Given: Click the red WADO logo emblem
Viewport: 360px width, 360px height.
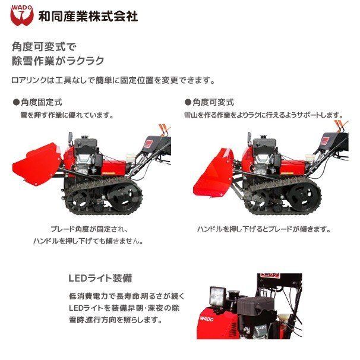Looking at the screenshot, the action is click(x=22, y=15).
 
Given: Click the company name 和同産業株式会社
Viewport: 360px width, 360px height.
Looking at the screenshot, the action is click(x=88, y=16).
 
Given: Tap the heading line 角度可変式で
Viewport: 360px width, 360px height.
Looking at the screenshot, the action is click(x=44, y=47).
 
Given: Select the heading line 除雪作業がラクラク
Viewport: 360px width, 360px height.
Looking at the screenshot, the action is click(x=58, y=61).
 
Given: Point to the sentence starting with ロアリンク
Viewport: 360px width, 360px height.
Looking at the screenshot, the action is click(x=113, y=80).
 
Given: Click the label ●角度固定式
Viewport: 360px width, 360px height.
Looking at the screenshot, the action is click(x=37, y=102).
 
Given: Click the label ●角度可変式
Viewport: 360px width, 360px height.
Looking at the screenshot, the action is click(x=209, y=102).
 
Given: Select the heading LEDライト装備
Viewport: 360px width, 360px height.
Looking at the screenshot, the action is click(x=100, y=278).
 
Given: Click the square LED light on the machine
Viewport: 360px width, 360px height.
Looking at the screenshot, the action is click(x=217, y=296).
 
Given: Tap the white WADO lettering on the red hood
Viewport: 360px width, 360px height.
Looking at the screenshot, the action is click(x=207, y=318).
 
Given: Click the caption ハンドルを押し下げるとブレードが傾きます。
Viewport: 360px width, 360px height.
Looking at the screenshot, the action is click(x=264, y=229).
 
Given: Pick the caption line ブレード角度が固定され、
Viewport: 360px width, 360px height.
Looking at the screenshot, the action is click(x=89, y=229).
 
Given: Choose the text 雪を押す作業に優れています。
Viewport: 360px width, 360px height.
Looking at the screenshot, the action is click(x=67, y=115).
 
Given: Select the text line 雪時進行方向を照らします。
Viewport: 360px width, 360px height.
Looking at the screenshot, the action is click(x=116, y=320).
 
